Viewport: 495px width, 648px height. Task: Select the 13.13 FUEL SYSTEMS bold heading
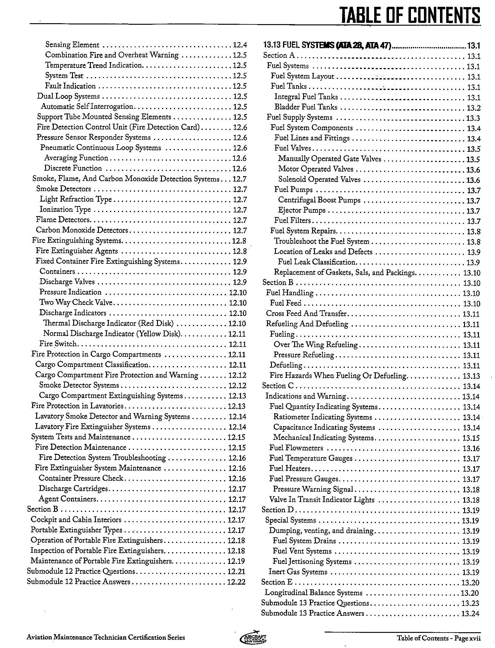[x=327, y=45]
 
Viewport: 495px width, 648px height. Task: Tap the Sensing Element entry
[x=72, y=45]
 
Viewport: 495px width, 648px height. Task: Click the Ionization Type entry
[x=65, y=209]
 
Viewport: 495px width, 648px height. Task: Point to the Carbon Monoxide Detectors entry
[x=82, y=230]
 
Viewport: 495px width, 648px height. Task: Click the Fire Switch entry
[x=58, y=343]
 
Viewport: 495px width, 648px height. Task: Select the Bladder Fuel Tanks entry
[x=306, y=107]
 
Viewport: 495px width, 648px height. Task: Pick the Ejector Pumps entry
[x=302, y=210]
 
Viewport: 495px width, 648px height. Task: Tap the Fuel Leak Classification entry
[x=317, y=262]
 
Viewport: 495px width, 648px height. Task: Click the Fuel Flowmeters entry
[x=296, y=448]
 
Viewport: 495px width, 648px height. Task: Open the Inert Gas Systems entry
[x=298, y=572]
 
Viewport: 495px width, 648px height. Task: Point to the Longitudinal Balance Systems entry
[x=313, y=592]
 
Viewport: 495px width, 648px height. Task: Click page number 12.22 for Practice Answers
[x=236, y=582]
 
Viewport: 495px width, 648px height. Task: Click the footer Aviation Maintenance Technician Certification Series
[x=106, y=637]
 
